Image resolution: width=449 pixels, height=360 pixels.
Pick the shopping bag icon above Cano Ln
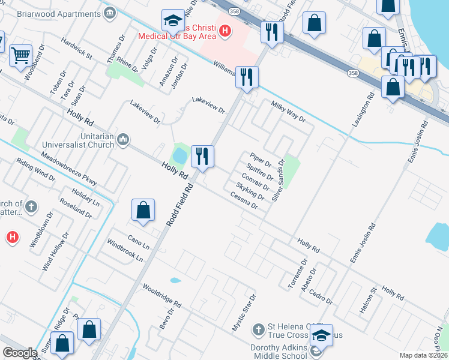pyautogui.click(x=143, y=211)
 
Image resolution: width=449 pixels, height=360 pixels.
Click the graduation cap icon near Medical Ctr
pyautogui.click(x=173, y=21)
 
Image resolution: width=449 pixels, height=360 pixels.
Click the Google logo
pyautogui.click(x=20, y=353)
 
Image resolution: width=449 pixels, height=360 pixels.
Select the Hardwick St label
pyautogui.click(x=76, y=49)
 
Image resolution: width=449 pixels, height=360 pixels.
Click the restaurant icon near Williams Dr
pyautogui.click(x=247, y=76)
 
